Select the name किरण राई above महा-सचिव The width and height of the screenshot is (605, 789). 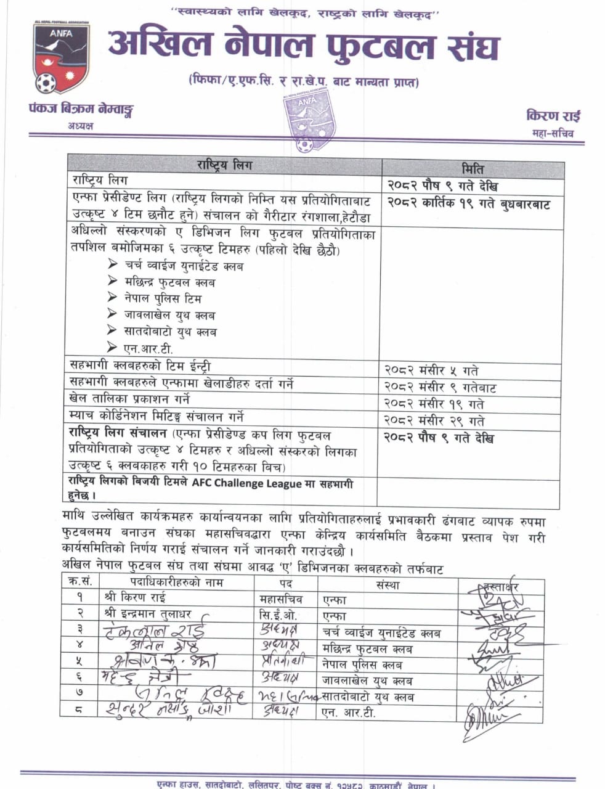553,116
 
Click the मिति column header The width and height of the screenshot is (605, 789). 473,168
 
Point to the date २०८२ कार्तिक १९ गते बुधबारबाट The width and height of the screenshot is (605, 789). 468,204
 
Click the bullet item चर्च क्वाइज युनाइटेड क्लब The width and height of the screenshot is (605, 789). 183,266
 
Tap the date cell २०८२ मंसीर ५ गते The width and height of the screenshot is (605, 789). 431,370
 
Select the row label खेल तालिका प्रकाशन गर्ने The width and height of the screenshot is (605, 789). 130,399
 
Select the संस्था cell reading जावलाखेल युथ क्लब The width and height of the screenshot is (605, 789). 367,681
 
